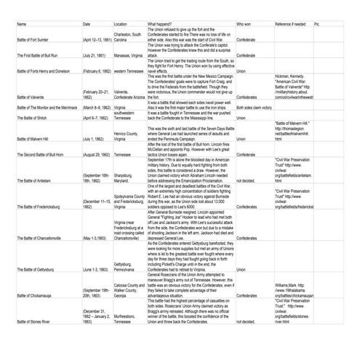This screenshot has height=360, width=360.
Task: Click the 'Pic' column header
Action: (x=317, y=23)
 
